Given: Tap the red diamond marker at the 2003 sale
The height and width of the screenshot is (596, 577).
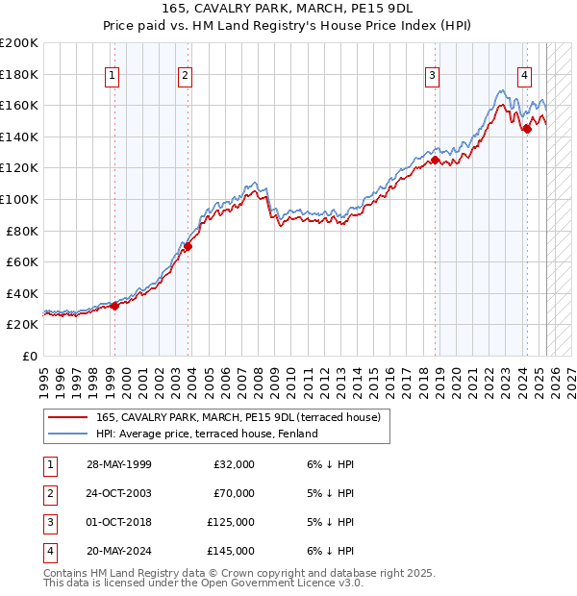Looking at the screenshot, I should pyautogui.click(x=188, y=246).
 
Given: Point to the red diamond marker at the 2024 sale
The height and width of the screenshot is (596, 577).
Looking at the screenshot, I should pyautogui.click(x=527, y=129).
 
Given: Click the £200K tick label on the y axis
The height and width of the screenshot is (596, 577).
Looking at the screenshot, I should pyautogui.click(x=19, y=43).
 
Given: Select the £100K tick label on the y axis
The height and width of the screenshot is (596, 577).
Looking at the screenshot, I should pyautogui.click(x=19, y=199).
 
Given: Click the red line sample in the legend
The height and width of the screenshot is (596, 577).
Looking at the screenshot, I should pyautogui.click(x=66, y=417).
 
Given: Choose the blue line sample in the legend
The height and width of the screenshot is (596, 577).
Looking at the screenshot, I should pyautogui.click(x=66, y=434).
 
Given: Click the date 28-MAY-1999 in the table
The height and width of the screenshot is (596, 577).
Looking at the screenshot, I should pyautogui.click(x=119, y=464).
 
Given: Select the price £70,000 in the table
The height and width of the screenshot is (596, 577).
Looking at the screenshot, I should pyautogui.click(x=234, y=493).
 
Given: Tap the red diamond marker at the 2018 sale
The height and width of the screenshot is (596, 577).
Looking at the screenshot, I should pyautogui.click(x=435, y=161).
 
